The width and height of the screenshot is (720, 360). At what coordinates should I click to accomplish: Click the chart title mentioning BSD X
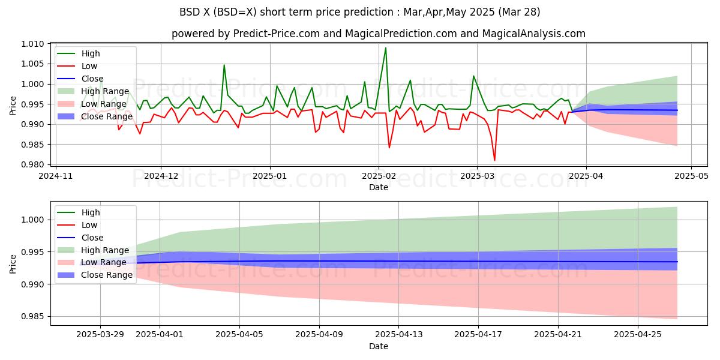point(359,12)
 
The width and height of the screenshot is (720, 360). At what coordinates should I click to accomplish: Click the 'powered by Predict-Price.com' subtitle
point(378,34)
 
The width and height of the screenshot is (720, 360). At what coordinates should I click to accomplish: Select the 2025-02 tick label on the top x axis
point(378,177)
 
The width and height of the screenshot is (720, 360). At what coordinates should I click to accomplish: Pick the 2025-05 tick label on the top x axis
point(691,177)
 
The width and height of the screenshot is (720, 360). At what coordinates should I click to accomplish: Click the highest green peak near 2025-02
point(385,48)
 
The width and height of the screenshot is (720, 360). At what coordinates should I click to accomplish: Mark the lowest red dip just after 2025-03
point(494,160)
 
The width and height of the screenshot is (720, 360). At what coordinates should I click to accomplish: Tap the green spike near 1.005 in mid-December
point(224,65)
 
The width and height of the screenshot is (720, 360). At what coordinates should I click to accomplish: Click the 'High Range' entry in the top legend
point(105,91)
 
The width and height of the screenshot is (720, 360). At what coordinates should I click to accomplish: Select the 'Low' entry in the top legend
point(91,66)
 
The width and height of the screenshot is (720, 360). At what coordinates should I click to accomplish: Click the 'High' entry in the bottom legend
point(91,212)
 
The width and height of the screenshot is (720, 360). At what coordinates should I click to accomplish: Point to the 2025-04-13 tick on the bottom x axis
point(399,334)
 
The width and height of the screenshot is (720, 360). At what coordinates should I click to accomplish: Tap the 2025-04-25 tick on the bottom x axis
point(638,334)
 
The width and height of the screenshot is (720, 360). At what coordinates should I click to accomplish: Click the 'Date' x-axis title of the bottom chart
point(378,346)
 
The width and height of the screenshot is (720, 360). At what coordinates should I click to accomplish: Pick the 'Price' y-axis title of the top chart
point(13,105)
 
